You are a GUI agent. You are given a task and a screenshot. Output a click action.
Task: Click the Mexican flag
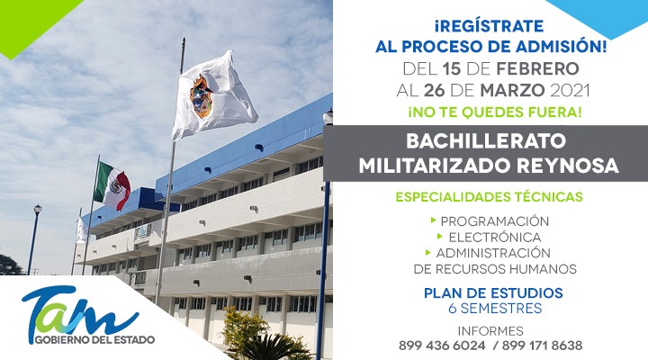(x=112, y=185)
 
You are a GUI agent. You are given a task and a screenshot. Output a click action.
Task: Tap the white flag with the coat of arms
(x=212, y=95)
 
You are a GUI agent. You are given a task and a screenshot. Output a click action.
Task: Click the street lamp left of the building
(x=34, y=238)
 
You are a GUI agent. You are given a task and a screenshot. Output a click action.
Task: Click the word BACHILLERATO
(x=486, y=141)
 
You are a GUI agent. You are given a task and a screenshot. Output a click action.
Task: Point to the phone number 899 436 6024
(x=442, y=345)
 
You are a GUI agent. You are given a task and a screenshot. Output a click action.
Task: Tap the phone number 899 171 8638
(x=542, y=345)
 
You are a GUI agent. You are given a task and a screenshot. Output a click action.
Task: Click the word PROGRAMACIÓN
(x=495, y=221)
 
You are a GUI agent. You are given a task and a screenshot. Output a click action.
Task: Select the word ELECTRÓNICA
(x=495, y=238)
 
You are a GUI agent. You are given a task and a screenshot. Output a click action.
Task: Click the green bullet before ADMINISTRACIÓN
(x=427, y=252)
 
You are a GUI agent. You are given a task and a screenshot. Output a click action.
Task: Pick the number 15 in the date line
(x=452, y=68)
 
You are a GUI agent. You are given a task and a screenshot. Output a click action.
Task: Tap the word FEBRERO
(x=537, y=68)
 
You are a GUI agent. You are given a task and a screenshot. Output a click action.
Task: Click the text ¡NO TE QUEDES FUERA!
(x=495, y=112)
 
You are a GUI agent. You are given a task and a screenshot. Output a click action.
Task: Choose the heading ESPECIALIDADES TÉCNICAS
(x=490, y=196)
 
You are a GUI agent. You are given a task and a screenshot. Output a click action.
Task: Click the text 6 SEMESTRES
(x=495, y=309)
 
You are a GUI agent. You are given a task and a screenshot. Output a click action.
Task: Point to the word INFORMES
(x=490, y=331)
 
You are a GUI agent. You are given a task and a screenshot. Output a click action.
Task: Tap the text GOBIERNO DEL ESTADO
(x=94, y=340)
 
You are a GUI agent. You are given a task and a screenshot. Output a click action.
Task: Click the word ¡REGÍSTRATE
(x=489, y=26)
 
